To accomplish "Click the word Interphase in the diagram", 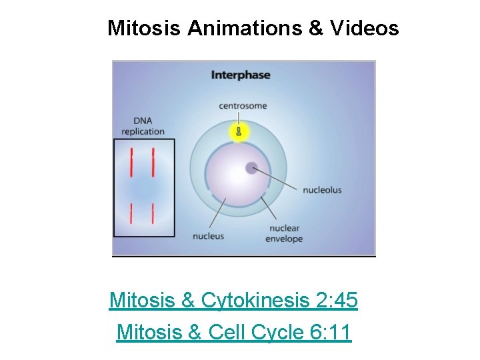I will (241, 75).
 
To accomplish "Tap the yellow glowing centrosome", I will (239, 131).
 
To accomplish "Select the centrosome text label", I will (243, 105).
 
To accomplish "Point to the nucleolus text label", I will (322, 190).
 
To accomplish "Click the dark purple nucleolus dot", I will (252, 168).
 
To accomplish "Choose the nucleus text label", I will (208, 235).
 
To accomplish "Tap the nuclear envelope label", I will (284, 233).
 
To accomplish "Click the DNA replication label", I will (143, 126).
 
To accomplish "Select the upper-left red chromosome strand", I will (132, 161).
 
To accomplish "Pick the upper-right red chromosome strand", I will (153, 161).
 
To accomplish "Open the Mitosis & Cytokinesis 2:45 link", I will (233, 301).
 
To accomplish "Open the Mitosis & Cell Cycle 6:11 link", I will (233, 331).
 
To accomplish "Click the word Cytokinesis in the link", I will (257, 301).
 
